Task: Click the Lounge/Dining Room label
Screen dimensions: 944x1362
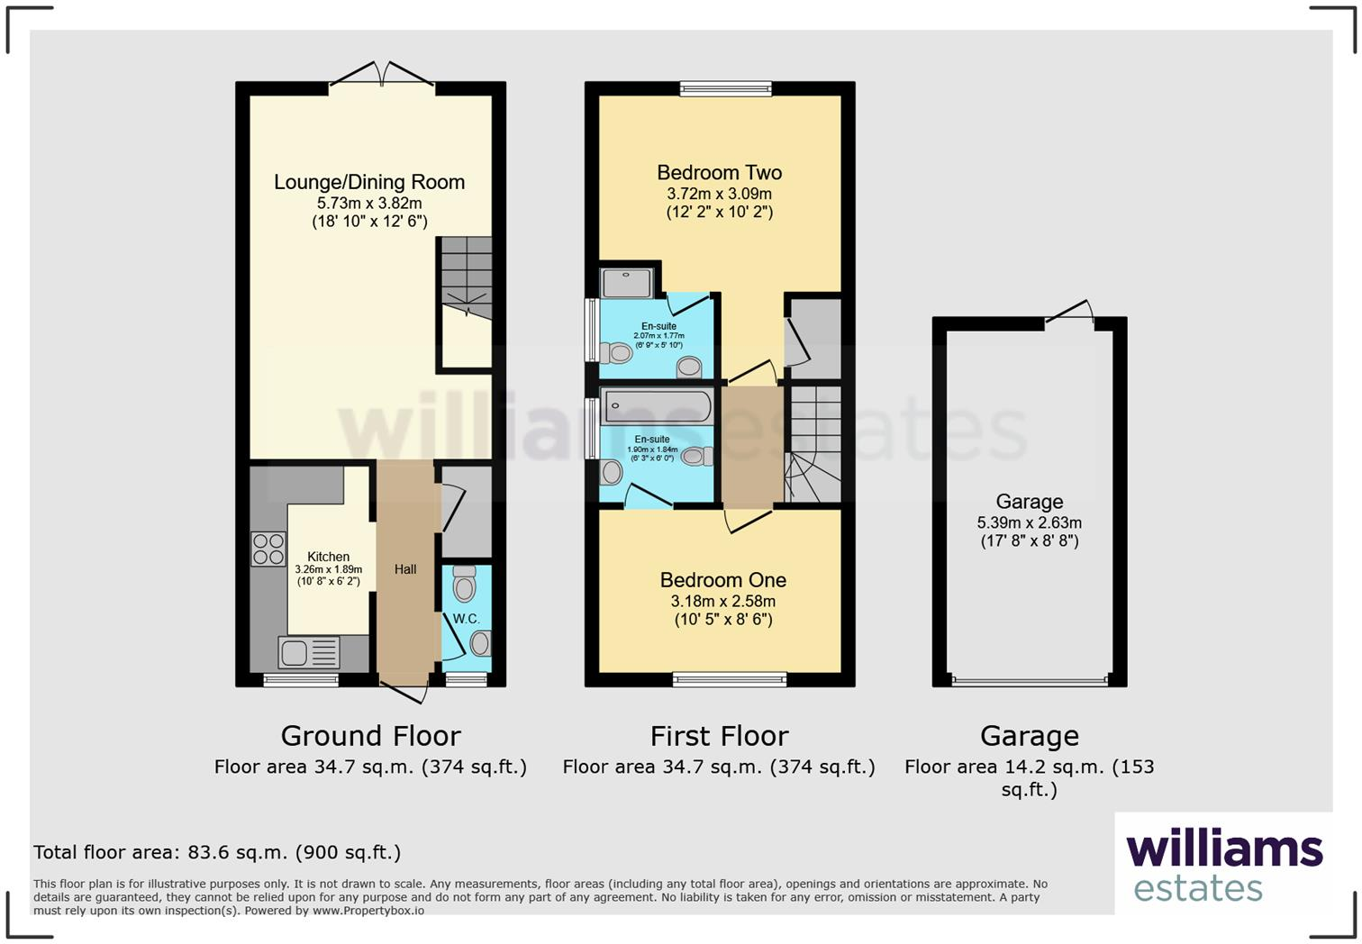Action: tap(369, 182)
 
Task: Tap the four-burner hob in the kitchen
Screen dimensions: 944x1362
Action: tap(268, 549)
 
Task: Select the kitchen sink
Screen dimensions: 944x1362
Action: tap(308, 652)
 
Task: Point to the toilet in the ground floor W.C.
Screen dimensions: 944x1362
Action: tap(465, 584)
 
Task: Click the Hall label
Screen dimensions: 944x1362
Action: tap(405, 569)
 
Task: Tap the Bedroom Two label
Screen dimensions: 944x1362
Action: tap(719, 173)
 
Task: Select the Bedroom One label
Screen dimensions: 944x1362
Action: tap(722, 580)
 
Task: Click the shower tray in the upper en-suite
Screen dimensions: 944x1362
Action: tap(627, 283)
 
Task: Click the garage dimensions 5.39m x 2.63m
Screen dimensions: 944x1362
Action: tap(1029, 522)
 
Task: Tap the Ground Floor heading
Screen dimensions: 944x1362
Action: tap(370, 736)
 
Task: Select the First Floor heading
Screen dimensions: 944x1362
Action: tap(719, 736)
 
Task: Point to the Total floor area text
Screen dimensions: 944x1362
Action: tap(217, 852)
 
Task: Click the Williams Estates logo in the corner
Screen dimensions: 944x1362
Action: tap(1223, 865)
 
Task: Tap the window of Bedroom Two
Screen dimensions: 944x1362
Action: tap(725, 88)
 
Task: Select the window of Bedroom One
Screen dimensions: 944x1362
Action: tap(730, 679)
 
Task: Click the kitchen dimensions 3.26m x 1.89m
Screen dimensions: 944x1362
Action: tap(328, 569)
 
